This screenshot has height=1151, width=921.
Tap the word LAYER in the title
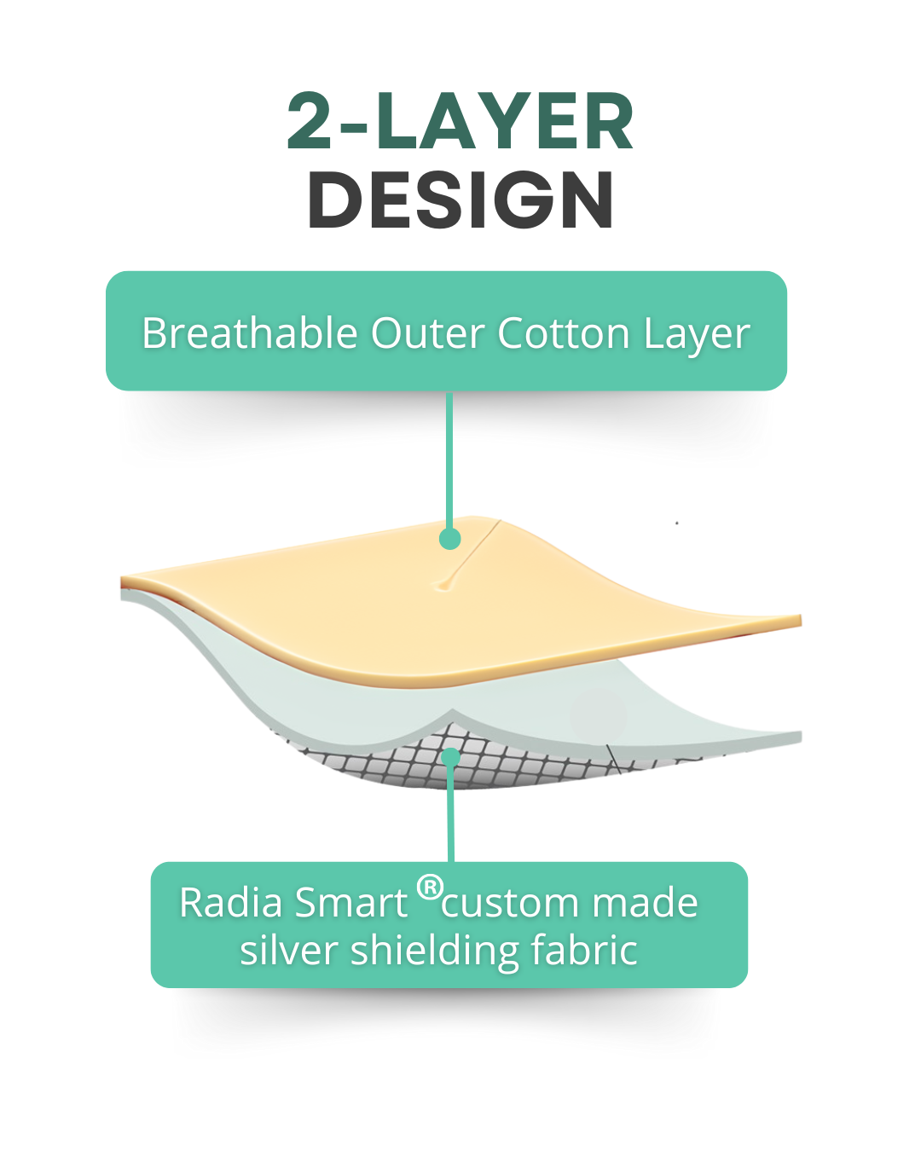coord(505,122)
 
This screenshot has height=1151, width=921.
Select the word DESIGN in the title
coord(460,200)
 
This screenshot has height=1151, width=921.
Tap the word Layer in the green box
coord(697,334)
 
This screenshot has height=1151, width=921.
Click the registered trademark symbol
coord(430,888)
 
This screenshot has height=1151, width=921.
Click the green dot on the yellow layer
coord(449,539)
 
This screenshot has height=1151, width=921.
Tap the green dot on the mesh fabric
coord(450,756)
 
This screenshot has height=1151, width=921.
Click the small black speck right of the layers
coord(677,523)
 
